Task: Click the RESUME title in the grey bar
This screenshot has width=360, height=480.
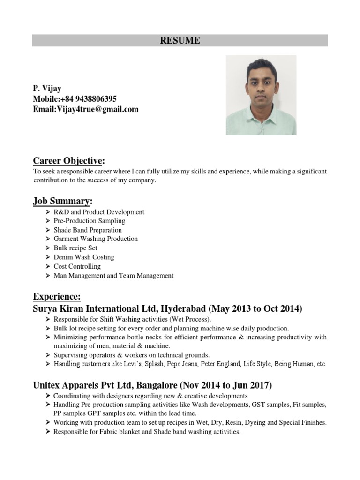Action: pos(180,41)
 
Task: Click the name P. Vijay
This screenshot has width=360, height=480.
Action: pos(47,89)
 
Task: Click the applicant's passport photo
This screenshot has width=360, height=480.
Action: pos(261,95)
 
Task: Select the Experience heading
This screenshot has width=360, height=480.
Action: pos(57,297)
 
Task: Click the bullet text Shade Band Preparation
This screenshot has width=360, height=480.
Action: pos(88,230)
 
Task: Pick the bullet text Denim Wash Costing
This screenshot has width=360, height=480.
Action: pos(84,257)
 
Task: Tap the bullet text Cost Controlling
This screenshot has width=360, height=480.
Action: pos(77,266)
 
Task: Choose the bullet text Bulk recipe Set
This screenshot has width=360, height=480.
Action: pos(75,248)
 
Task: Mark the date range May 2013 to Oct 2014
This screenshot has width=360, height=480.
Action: pos(255,309)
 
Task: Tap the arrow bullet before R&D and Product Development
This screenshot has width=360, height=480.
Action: pos(48,212)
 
